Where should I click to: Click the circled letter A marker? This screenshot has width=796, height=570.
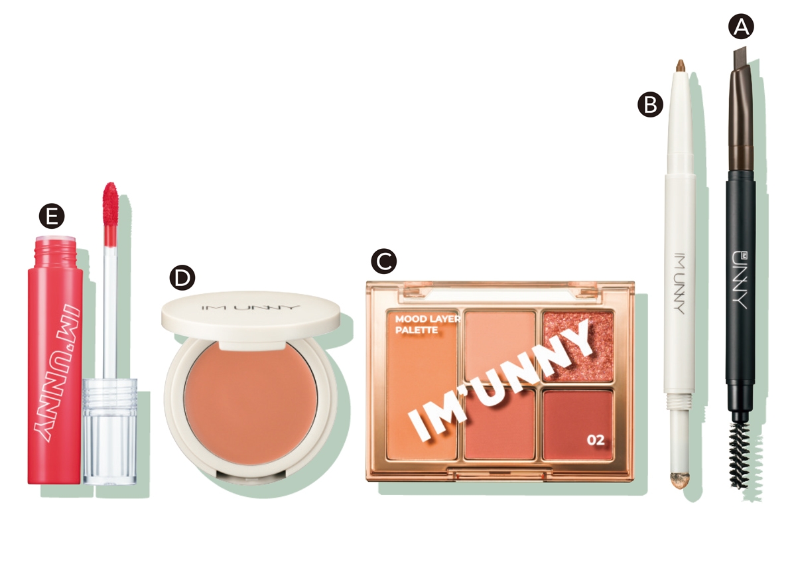[741, 27]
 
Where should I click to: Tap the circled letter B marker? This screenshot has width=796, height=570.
[650, 105]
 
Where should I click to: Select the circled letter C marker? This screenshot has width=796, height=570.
[384, 261]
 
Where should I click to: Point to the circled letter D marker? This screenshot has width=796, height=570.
[182, 278]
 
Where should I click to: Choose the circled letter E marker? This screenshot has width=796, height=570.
[52, 216]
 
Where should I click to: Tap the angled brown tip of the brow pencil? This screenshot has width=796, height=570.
[740, 58]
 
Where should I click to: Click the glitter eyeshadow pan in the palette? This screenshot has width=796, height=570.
[578, 346]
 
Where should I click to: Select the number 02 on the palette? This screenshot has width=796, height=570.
[596, 440]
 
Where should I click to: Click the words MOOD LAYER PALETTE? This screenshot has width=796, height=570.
[428, 324]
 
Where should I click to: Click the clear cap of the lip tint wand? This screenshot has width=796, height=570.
[110, 431]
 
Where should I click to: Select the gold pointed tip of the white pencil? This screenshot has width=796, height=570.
[681, 65]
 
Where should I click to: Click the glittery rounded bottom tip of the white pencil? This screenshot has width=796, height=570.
[680, 480]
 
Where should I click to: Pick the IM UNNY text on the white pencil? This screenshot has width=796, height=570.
[679, 283]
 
